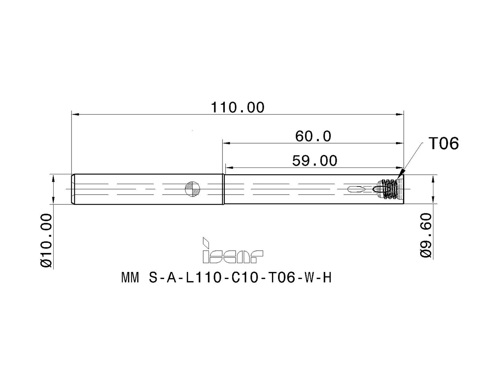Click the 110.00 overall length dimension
coord(238,107)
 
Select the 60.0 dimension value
coord(313,137)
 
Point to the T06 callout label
coord(444,143)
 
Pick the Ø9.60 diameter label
coord(426,235)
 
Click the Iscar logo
coord(233,250)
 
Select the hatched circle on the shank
coord(192,189)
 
